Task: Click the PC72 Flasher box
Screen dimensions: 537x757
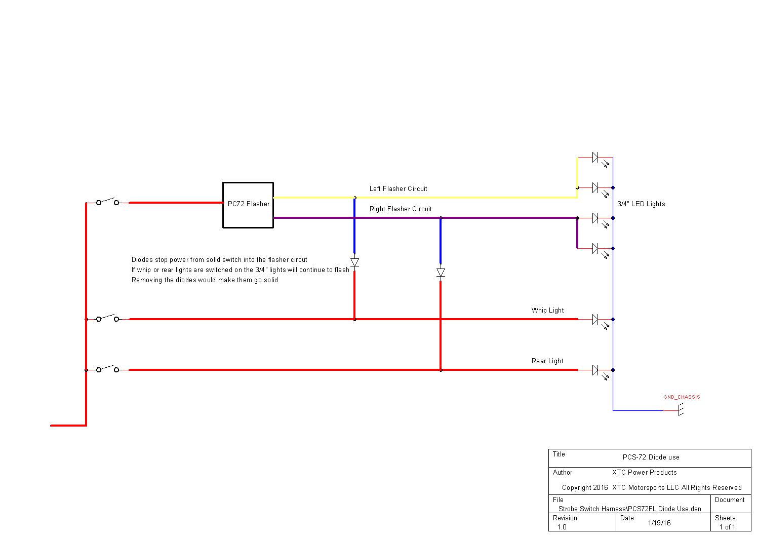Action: pyautogui.click(x=248, y=205)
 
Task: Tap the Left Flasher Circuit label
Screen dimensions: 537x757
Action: pyautogui.click(x=398, y=188)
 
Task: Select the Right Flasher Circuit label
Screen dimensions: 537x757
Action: pyautogui.click(x=401, y=209)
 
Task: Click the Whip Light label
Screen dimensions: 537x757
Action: pyautogui.click(x=547, y=310)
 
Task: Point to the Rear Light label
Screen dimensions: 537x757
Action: pyautogui.click(x=547, y=361)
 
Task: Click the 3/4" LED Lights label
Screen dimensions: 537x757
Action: pyautogui.click(x=641, y=204)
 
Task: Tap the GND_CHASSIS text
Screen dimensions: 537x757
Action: pyautogui.click(x=682, y=397)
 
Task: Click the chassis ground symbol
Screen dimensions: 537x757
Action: pyautogui.click(x=681, y=410)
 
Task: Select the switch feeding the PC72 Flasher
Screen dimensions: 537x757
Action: pyautogui.click(x=107, y=202)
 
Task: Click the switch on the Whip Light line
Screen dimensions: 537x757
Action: pyautogui.click(x=107, y=318)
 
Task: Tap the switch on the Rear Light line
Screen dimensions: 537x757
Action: pyautogui.click(x=107, y=369)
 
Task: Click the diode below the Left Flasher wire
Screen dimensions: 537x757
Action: pyautogui.click(x=354, y=262)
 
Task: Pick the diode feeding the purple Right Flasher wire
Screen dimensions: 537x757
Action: pyautogui.click(x=441, y=273)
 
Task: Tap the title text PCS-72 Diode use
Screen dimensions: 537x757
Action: pyautogui.click(x=651, y=457)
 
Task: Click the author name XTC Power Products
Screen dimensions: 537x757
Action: pyautogui.click(x=644, y=472)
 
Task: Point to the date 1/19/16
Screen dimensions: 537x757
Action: pyautogui.click(x=659, y=523)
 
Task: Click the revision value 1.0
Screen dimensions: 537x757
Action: pyautogui.click(x=562, y=527)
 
